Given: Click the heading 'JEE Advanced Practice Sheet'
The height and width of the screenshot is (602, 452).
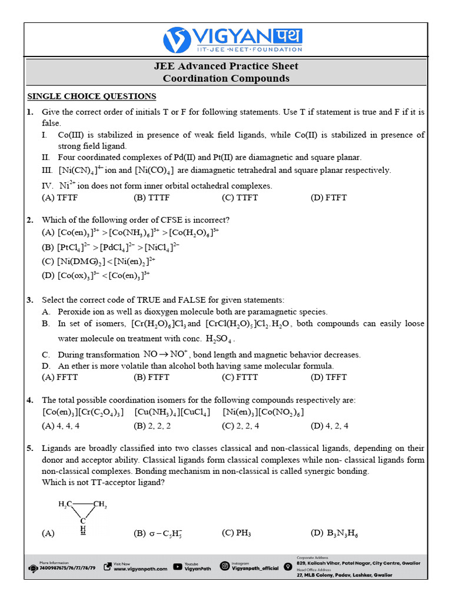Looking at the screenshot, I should tap(226, 66).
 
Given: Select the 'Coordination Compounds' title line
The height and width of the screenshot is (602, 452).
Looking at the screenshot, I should tap(226, 78).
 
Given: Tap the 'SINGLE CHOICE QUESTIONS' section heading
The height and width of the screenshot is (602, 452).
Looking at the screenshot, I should tap(92, 96).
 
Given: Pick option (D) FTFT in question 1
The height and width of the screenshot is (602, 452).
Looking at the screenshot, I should tap(328, 198).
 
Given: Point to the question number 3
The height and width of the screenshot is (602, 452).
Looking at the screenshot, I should tap(29, 300).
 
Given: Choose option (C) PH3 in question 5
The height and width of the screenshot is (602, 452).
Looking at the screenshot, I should tap(237, 533).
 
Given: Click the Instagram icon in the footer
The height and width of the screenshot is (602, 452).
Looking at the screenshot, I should tap(224, 566).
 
